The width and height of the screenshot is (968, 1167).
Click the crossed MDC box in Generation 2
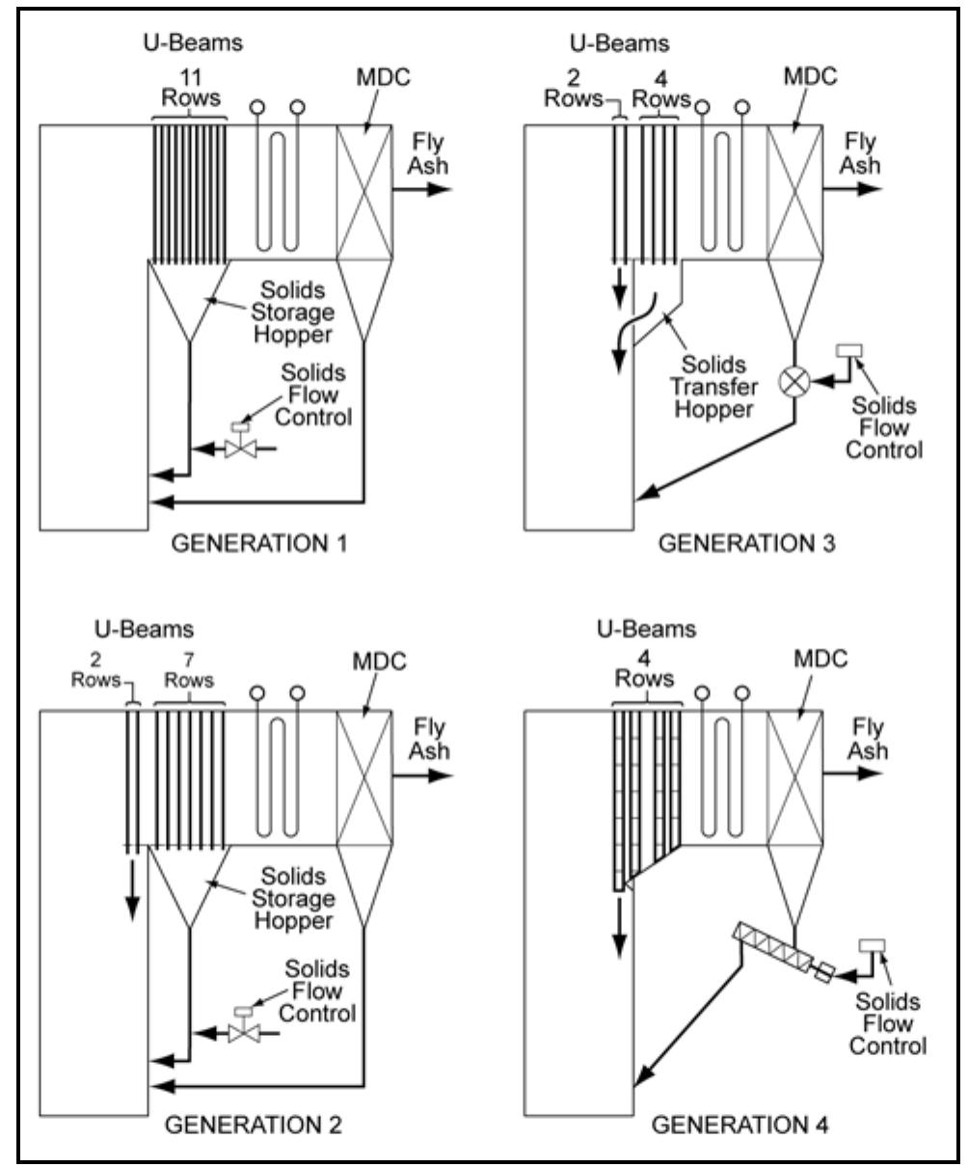363,777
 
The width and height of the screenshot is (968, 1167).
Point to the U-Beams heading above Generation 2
154,629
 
